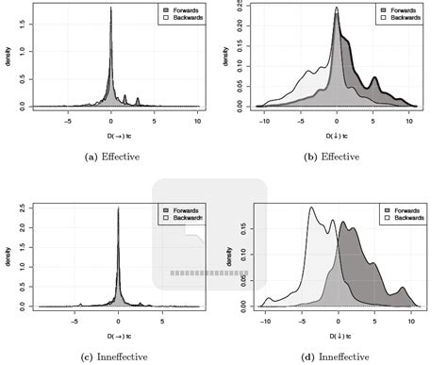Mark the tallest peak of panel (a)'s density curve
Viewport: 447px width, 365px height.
coord(111,8)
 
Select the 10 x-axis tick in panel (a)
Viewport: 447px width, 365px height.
coord(197,122)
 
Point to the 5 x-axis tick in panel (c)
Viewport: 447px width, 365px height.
coord(162,321)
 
